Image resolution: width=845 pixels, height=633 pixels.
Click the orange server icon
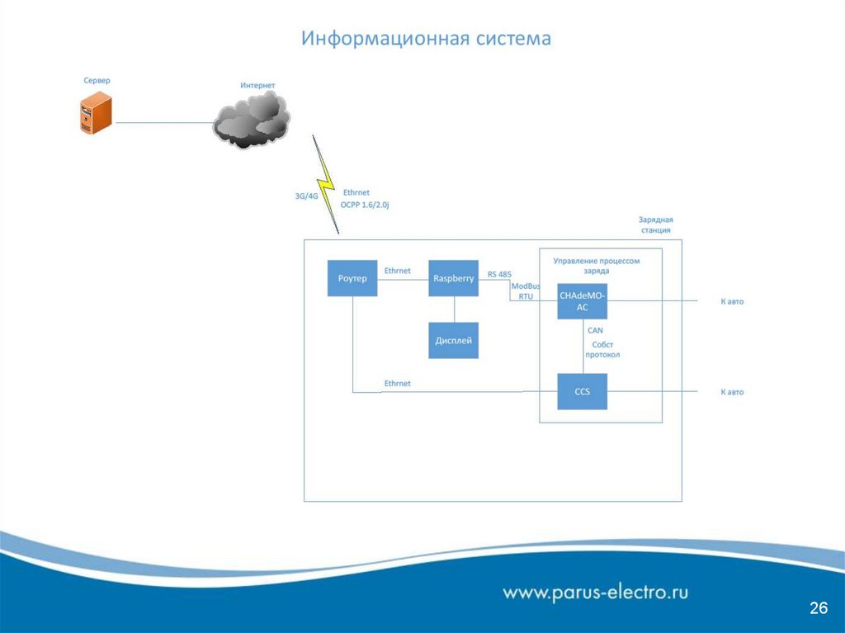(x=96, y=114)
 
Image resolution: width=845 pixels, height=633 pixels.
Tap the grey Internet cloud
(x=253, y=120)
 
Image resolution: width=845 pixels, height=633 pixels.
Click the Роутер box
(x=352, y=279)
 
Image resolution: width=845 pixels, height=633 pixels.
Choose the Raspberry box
(x=453, y=279)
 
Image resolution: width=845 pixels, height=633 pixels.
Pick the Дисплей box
(x=453, y=340)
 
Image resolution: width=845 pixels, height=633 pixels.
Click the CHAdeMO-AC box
(x=582, y=301)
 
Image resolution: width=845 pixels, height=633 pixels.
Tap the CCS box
(x=582, y=391)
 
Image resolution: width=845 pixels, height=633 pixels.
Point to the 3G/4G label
(x=306, y=196)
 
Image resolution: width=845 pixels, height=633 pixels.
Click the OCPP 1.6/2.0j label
(x=364, y=204)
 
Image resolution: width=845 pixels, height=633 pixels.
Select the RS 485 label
(x=499, y=275)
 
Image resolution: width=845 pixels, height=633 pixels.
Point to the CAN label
(x=595, y=330)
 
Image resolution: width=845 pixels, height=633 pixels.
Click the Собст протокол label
(x=602, y=350)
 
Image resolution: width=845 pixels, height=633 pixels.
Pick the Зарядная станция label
(x=656, y=225)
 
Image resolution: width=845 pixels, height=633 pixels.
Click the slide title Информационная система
(x=425, y=39)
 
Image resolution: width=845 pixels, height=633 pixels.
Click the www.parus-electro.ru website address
(x=596, y=592)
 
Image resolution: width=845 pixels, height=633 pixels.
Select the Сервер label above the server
(x=97, y=81)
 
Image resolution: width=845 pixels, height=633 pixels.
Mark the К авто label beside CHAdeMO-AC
(x=732, y=302)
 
